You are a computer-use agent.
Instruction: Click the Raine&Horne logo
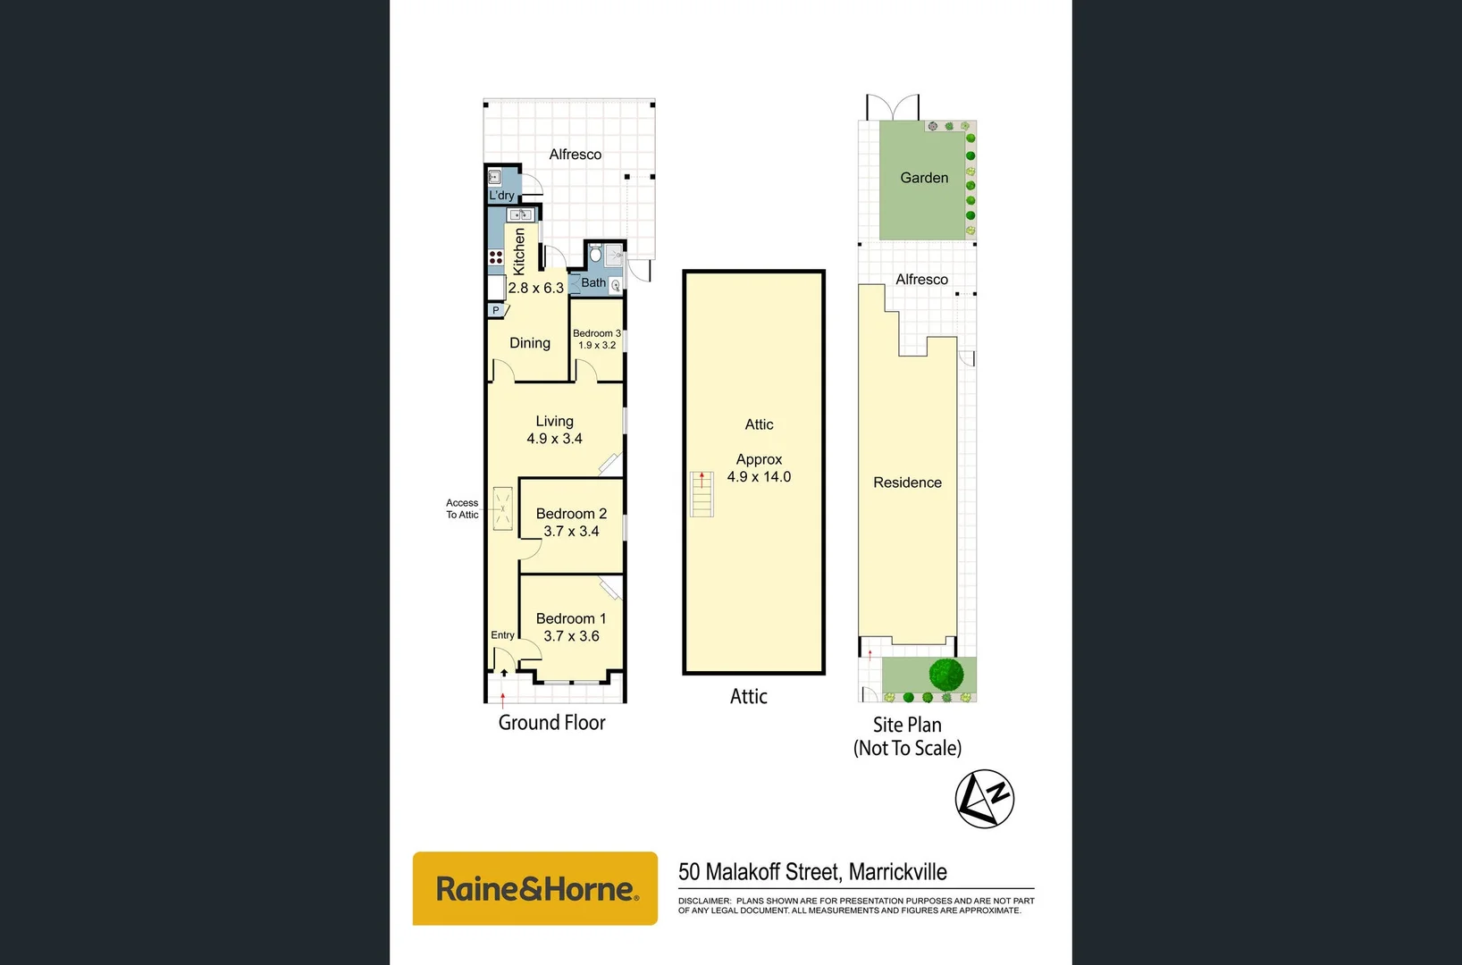(x=535, y=888)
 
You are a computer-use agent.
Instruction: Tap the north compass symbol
(x=984, y=798)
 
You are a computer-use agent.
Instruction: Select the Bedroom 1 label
(x=571, y=618)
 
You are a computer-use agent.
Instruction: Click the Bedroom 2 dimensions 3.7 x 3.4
(x=571, y=532)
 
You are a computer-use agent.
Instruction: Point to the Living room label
(x=554, y=421)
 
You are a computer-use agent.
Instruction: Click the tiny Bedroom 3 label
(x=596, y=333)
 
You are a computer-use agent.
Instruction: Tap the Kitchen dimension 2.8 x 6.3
(x=535, y=288)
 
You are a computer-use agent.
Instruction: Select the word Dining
(x=530, y=343)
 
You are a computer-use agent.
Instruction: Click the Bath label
(x=593, y=282)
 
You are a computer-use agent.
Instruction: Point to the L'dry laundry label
(x=501, y=195)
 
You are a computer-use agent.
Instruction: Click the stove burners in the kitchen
(x=496, y=257)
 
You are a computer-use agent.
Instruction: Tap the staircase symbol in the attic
(x=702, y=494)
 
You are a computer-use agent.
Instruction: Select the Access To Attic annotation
(x=462, y=508)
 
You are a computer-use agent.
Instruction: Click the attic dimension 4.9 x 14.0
(x=759, y=477)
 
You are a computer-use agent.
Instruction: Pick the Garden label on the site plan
(x=924, y=178)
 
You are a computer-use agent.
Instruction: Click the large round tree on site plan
(x=945, y=674)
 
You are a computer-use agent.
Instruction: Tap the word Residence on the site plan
(x=907, y=482)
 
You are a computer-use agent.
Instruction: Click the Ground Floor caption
(x=551, y=722)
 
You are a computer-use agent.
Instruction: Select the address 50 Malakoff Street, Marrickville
(x=812, y=871)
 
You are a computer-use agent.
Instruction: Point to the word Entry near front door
(x=502, y=635)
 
